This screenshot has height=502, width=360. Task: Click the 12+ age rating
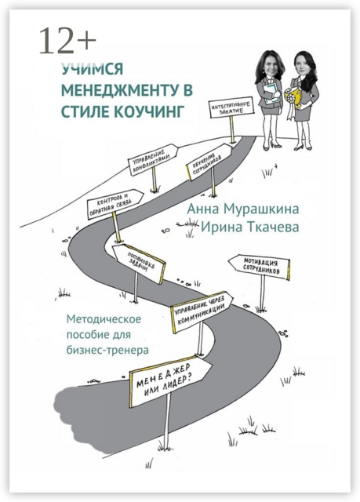point(68,40)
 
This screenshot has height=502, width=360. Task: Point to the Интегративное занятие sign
point(231,107)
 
